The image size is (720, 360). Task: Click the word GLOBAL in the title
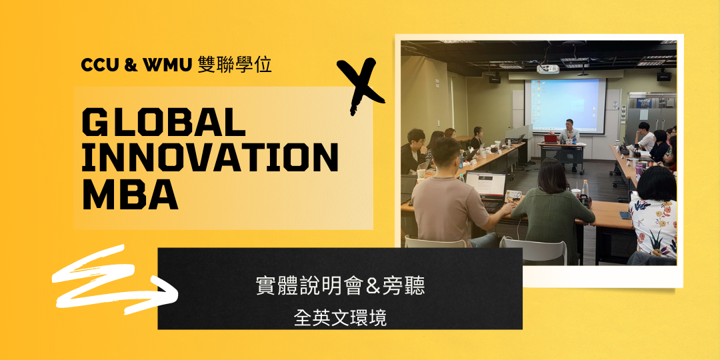click(x=163, y=123)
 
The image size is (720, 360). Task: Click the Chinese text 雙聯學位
click(x=235, y=65)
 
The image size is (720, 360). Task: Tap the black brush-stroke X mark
click(x=360, y=85)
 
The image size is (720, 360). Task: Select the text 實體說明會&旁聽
click(x=340, y=287)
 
